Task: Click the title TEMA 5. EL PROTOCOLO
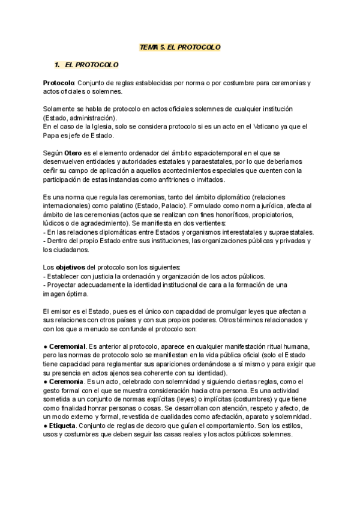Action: [180, 47]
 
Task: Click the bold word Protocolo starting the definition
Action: [58, 82]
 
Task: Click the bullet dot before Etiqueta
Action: [46, 426]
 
